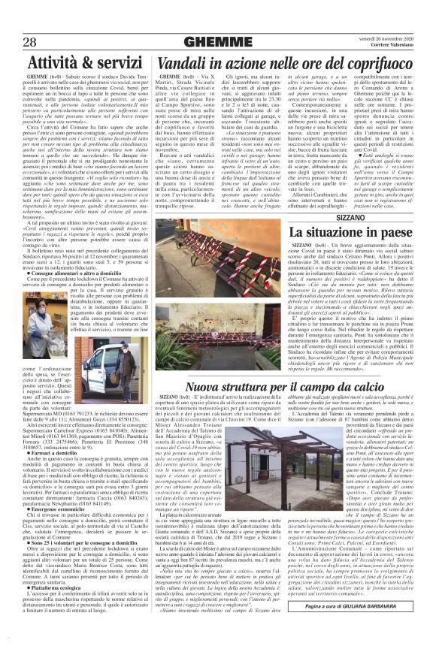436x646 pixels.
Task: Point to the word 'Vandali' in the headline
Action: (x=183, y=68)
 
